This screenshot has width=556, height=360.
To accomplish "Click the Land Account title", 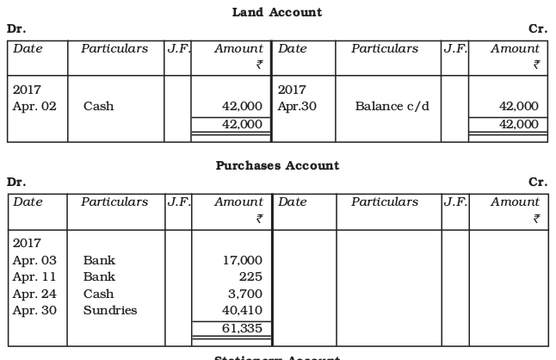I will click(x=277, y=12).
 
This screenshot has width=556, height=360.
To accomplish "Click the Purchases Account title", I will click(x=277, y=165).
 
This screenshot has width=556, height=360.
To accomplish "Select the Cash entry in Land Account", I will click(x=98, y=107).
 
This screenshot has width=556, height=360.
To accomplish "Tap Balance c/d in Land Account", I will click(x=389, y=107).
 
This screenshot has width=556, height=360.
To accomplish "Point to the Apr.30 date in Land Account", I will click(x=296, y=107).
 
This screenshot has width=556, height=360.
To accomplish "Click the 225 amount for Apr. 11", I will click(x=250, y=276).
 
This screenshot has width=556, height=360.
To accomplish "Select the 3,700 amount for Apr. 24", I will click(x=245, y=294).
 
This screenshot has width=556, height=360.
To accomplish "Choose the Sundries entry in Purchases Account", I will click(x=109, y=310).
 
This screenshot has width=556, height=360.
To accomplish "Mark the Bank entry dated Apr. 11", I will click(x=99, y=276).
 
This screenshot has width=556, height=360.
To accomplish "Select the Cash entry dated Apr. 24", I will click(x=98, y=294).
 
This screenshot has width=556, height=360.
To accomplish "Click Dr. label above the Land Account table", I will click(x=15, y=28).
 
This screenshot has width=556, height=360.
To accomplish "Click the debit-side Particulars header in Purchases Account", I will click(x=114, y=202).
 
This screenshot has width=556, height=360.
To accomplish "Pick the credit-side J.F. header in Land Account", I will click(x=454, y=49).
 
